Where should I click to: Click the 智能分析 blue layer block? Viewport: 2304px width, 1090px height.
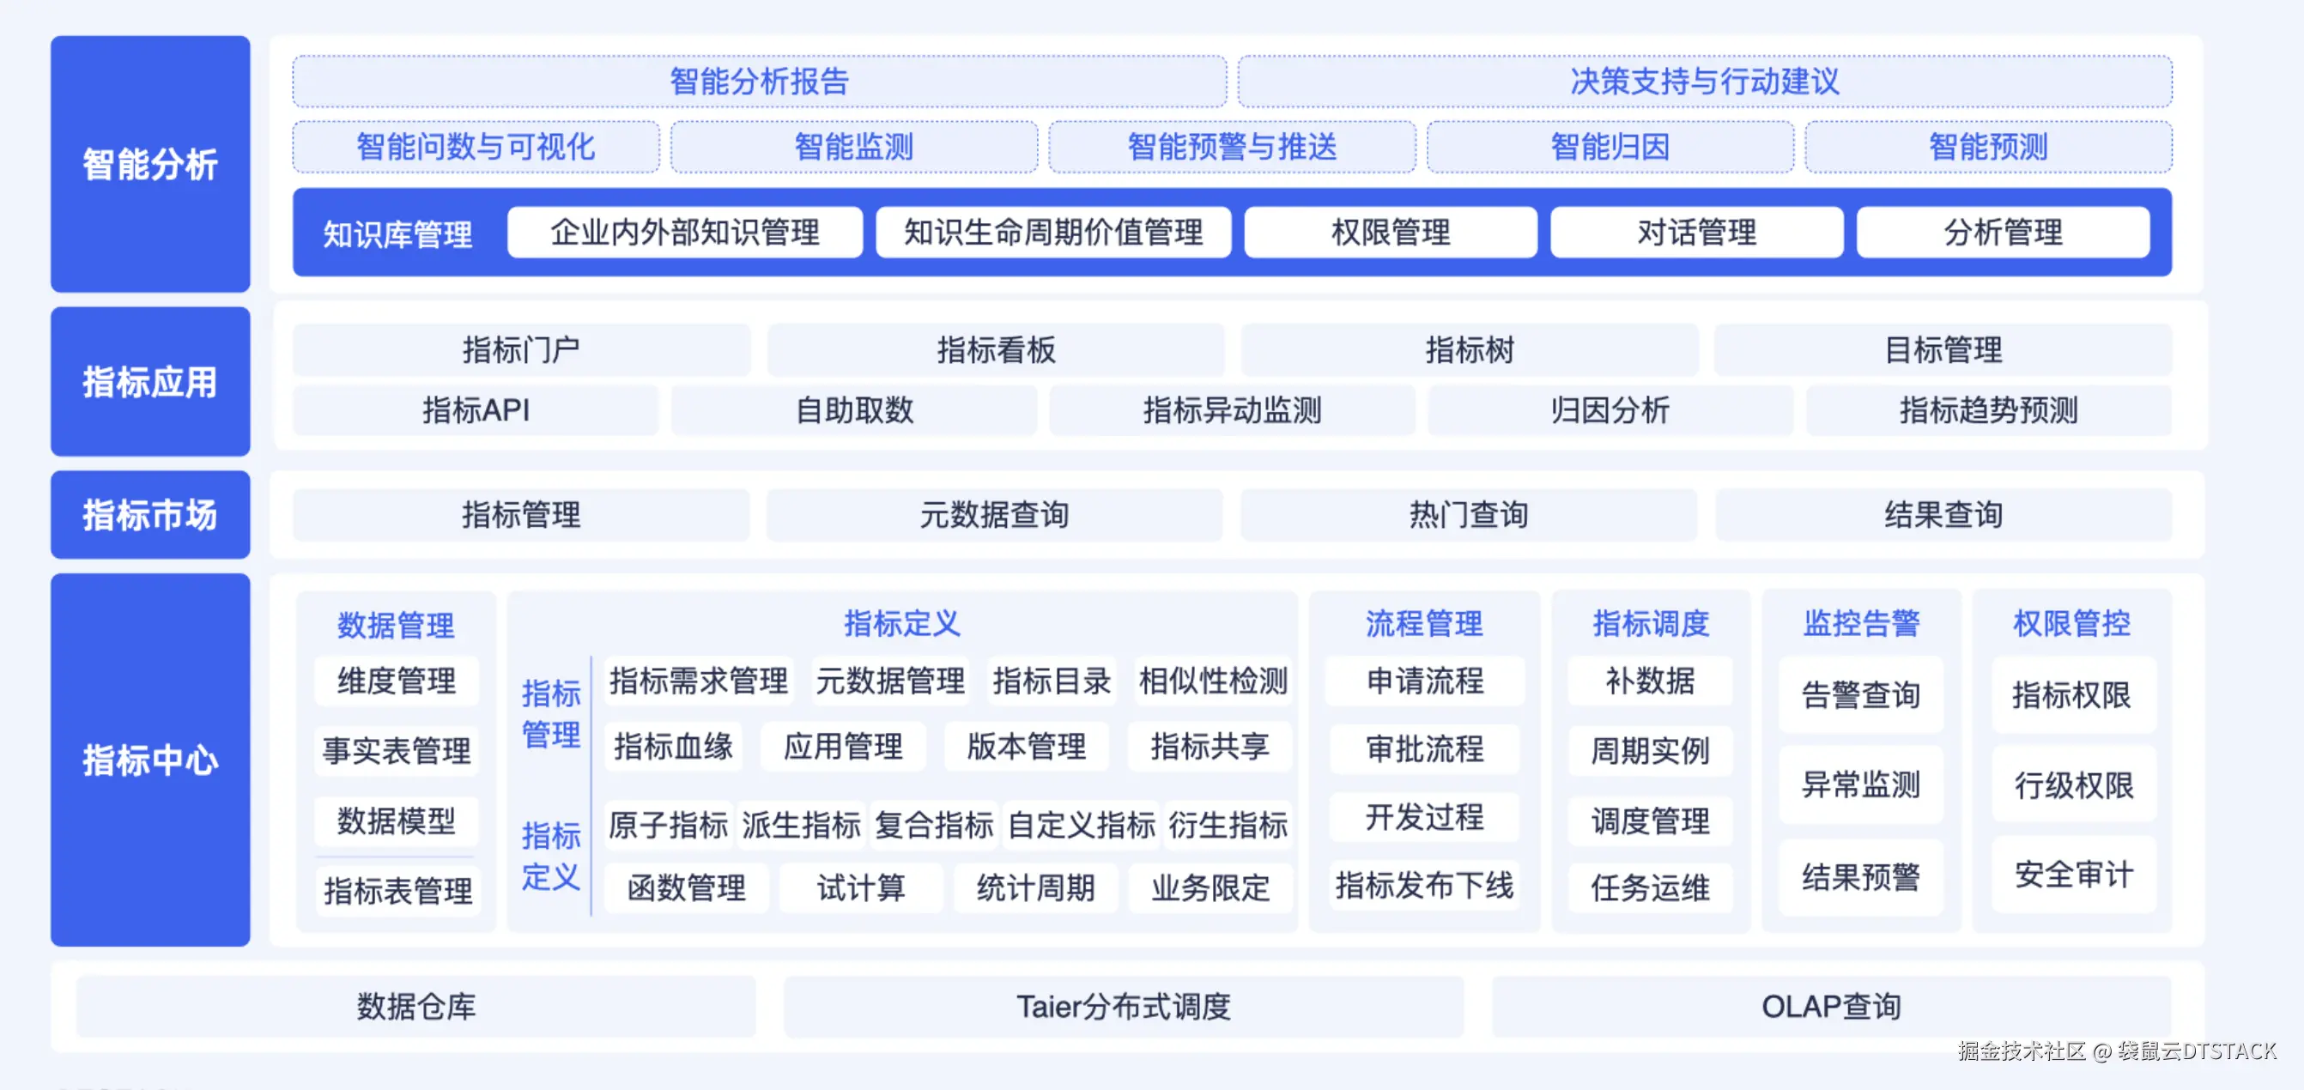pyautogui.click(x=150, y=164)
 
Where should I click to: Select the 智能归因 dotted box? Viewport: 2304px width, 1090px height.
pyautogui.click(x=1610, y=147)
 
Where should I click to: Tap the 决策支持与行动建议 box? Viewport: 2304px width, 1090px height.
pyautogui.click(x=1705, y=82)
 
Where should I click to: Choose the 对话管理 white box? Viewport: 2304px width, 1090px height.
pyautogui.click(x=1697, y=233)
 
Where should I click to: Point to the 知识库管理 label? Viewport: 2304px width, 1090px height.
pyautogui.click(x=398, y=234)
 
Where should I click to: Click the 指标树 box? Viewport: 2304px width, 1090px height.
pyautogui.click(x=1469, y=349)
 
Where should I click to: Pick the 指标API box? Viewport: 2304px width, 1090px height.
pyautogui.click(x=476, y=410)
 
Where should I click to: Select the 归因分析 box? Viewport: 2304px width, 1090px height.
pyautogui.click(x=1610, y=410)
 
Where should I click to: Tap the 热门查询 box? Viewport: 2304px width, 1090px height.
pyautogui.click(x=1469, y=515)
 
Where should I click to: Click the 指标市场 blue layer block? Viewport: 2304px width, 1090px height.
pyautogui.click(x=150, y=515)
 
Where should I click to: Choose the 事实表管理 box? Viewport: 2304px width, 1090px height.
pyautogui.click(x=397, y=750)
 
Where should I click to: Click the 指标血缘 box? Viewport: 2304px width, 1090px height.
pyautogui.click(x=674, y=747)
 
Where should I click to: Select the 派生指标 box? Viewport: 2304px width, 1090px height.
pyautogui.click(x=802, y=825)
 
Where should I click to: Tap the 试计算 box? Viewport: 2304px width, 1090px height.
pyautogui.click(x=860, y=888)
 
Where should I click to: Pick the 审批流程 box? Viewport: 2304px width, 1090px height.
pyautogui.click(x=1425, y=749)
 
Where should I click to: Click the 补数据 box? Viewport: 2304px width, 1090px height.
pyautogui.click(x=1650, y=681)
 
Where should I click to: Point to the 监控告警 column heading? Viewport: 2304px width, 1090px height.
pyautogui.click(x=1861, y=623)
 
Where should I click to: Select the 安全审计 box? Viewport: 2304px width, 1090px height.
pyautogui.click(x=2073, y=875)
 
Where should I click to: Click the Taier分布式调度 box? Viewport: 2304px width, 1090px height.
pyautogui.click(x=1124, y=1007)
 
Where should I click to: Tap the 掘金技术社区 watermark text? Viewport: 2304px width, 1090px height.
pyautogui.click(x=2022, y=1051)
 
